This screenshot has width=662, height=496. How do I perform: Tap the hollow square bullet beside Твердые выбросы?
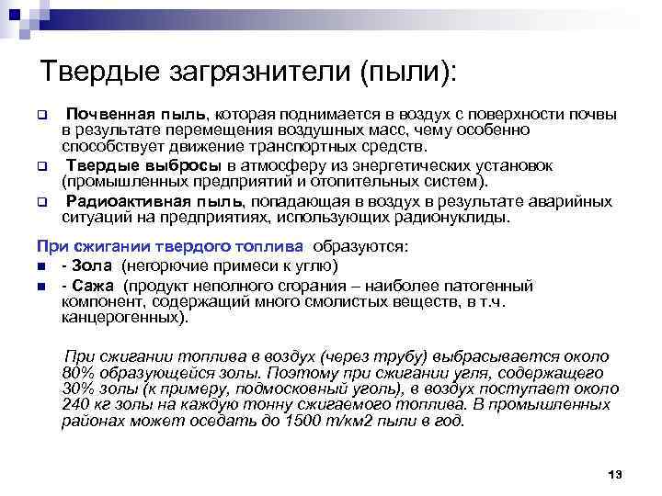pyautogui.click(x=40, y=167)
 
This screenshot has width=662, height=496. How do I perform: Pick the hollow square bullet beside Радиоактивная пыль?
pyautogui.click(x=40, y=202)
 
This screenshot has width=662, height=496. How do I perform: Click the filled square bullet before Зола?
pyautogui.click(x=40, y=267)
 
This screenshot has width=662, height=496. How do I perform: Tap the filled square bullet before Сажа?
pyautogui.click(x=40, y=286)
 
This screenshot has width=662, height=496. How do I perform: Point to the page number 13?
pyautogui.click(x=615, y=473)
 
